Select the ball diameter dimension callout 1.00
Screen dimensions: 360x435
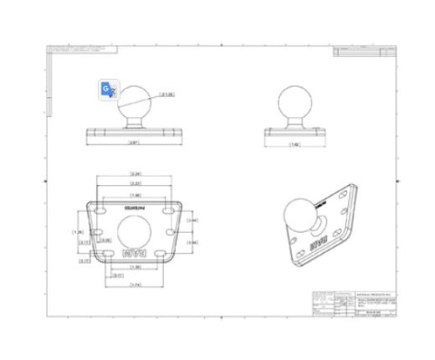166,92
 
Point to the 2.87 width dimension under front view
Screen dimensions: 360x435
133,144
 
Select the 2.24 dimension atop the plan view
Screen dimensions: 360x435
135,172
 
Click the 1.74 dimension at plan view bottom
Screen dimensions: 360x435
135,287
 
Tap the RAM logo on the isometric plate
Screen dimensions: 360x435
318,244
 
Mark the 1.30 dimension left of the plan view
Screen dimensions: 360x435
77,230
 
